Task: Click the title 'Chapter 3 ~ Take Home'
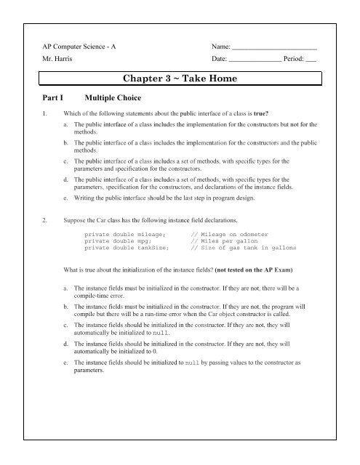pyautogui.click(x=190, y=78)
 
